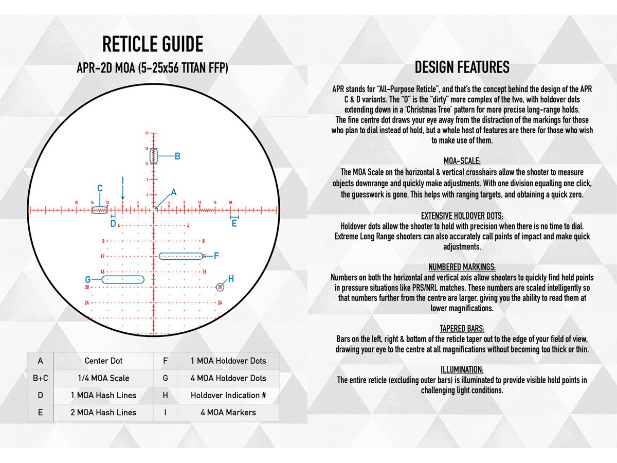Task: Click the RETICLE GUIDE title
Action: (153, 45)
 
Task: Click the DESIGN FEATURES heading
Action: (462, 67)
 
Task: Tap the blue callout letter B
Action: (177, 156)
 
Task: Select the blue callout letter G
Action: (88, 280)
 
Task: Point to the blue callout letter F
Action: (216, 256)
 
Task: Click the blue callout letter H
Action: (231, 279)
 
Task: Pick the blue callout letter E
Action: (234, 224)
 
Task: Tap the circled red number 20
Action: (220, 287)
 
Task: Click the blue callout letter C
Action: (100, 188)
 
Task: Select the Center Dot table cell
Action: (103, 361)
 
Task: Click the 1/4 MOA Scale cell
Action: (103, 378)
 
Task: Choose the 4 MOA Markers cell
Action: (228, 413)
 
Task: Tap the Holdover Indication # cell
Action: (228, 395)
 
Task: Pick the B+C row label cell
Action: (40, 378)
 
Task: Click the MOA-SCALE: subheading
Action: (462, 161)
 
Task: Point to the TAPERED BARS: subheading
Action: (462, 328)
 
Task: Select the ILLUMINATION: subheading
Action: (462, 369)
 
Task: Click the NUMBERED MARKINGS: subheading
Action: (462, 267)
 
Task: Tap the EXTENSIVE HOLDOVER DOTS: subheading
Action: (462, 216)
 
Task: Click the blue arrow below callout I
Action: (123, 193)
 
